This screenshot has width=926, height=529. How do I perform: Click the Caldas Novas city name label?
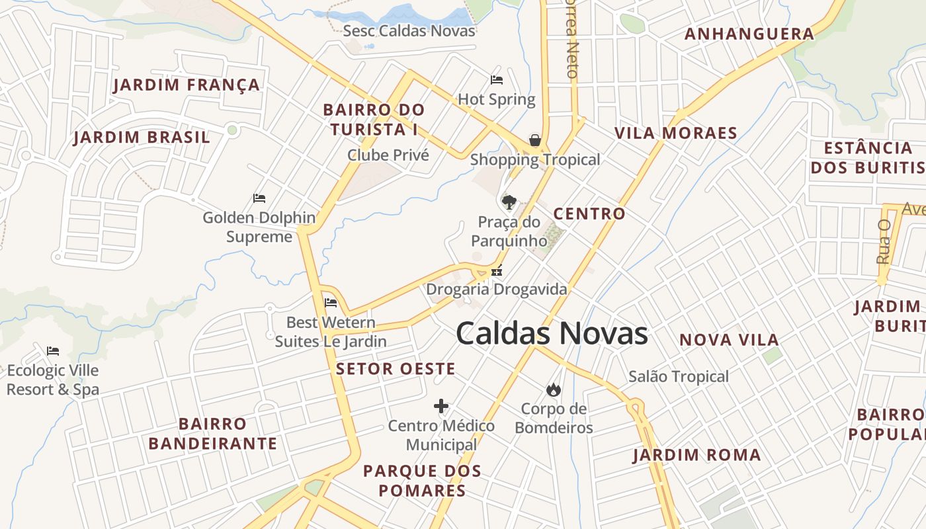(x=552, y=333)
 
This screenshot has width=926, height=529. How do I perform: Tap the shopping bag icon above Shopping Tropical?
(x=535, y=140)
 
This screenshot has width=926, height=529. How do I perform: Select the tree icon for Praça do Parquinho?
(x=509, y=202)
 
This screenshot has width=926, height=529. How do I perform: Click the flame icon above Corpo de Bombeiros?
(x=554, y=389)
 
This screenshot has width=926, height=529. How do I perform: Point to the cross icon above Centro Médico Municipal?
(x=441, y=405)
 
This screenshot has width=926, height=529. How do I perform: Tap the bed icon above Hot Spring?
(x=497, y=80)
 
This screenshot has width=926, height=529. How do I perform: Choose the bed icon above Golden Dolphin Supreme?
(x=259, y=198)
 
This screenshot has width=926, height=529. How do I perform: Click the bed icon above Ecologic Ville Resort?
(x=53, y=350)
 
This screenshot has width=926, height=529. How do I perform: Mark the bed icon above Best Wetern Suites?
(x=331, y=303)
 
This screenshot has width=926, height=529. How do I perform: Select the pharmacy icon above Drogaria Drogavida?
(x=497, y=270)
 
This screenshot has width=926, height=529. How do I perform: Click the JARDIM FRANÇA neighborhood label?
(x=187, y=85)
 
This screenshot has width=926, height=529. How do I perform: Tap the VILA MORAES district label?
(x=676, y=133)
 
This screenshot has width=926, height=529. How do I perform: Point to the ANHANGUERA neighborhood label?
(x=749, y=34)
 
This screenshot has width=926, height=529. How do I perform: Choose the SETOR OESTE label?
(x=396, y=369)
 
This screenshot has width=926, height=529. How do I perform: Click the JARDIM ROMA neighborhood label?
(x=697, y=455)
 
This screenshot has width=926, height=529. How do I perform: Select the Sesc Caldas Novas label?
(x=409, y=30)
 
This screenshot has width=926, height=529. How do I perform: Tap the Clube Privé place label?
(x=388, y=155)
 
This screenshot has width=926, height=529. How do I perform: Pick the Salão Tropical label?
(x=679, y=376)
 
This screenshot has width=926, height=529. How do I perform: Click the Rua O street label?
(x=884, y=242)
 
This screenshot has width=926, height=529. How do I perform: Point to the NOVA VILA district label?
(x=730, y=340)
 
